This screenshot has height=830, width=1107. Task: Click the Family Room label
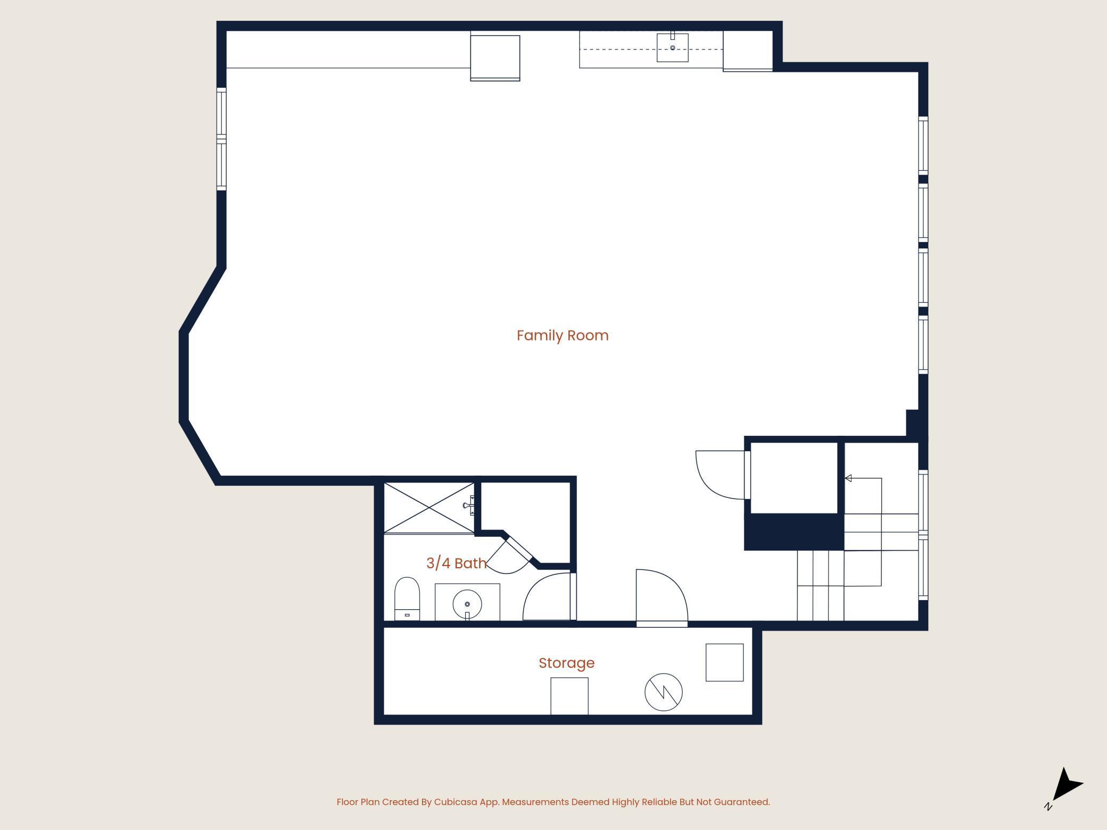563,336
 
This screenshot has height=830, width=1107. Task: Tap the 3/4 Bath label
457,563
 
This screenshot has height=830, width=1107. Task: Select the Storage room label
566,663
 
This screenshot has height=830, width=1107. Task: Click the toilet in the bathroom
407,599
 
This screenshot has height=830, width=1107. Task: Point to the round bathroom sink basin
467,604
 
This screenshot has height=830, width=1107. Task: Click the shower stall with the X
429,508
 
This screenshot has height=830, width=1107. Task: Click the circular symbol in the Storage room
664,692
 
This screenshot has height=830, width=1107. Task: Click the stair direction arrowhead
848,478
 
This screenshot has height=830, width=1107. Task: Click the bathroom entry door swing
548,596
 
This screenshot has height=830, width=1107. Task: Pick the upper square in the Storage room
724,662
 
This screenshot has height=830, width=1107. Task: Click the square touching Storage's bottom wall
569,696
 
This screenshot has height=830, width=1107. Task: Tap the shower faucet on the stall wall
469,505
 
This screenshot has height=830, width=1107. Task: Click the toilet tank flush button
407,615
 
